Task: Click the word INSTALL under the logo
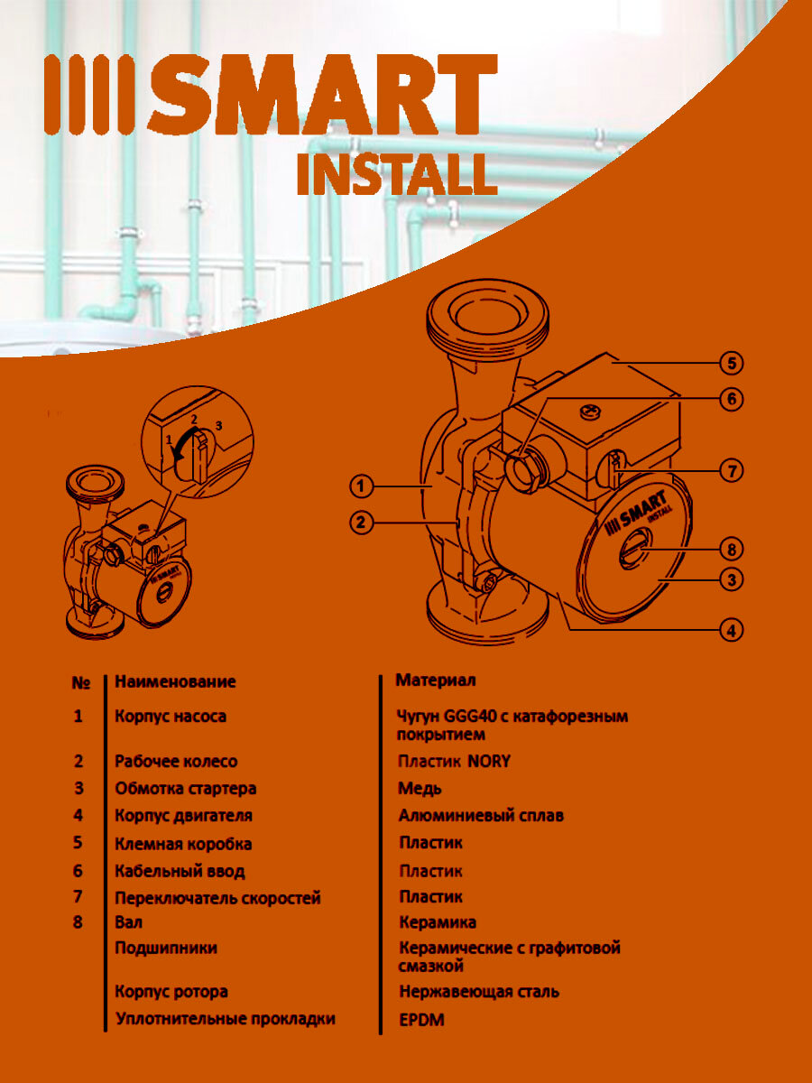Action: (397, 175)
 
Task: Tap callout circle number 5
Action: (731, 364)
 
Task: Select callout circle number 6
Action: (731, 398)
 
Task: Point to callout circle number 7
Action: (731, 470)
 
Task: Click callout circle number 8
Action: (731, 548)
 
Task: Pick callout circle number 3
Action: (731, 579)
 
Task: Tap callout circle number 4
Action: (731, 630)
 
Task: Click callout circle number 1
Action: (361, 486)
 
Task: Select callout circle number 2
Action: (361, 521)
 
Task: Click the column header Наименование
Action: (175, 681)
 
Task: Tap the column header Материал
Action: (436, 680)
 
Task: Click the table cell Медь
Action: (420, 789)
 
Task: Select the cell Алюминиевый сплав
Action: (481, 816)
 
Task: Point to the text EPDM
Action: (421, 1021)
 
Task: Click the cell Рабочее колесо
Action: (176, 762)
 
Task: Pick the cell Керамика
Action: (438, 922)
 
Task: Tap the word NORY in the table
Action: (489, 762)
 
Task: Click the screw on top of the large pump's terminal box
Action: (592, 412)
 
